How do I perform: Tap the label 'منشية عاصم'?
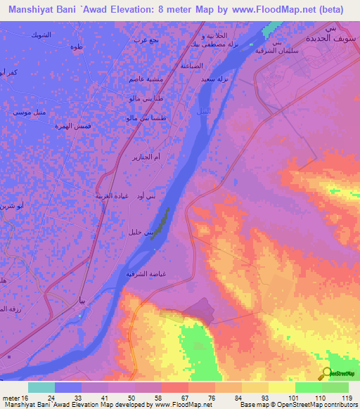[143, 79]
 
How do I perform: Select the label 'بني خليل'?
[141, 231]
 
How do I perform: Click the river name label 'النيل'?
[202, 112]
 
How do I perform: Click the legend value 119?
[345, 398]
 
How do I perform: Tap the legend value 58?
[150, 398]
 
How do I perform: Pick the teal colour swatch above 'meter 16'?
[41, 387]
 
